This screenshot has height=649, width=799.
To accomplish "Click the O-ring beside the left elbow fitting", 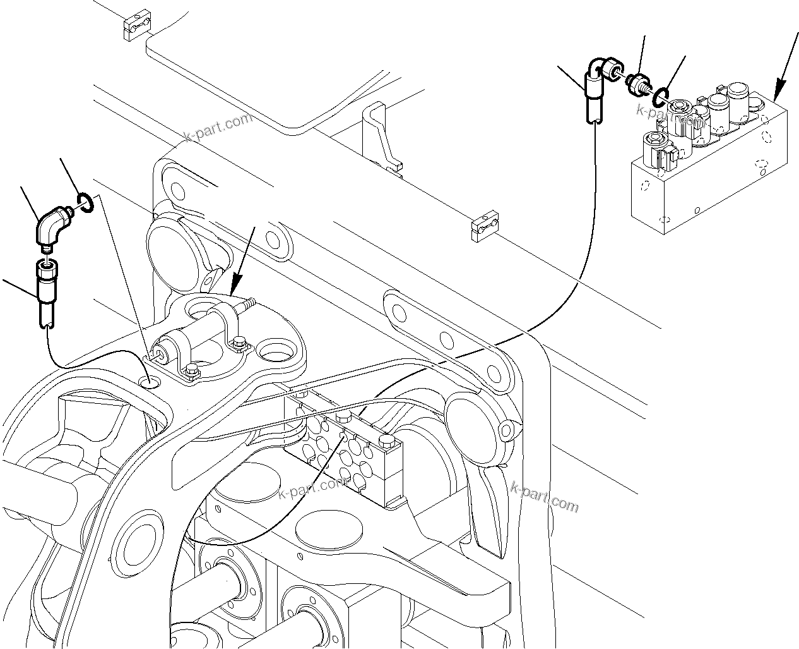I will (x=86, y=202).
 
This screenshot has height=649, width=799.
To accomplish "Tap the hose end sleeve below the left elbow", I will (x=46, y=290).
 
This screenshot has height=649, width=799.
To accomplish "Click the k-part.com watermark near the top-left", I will (x=218, y=128).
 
